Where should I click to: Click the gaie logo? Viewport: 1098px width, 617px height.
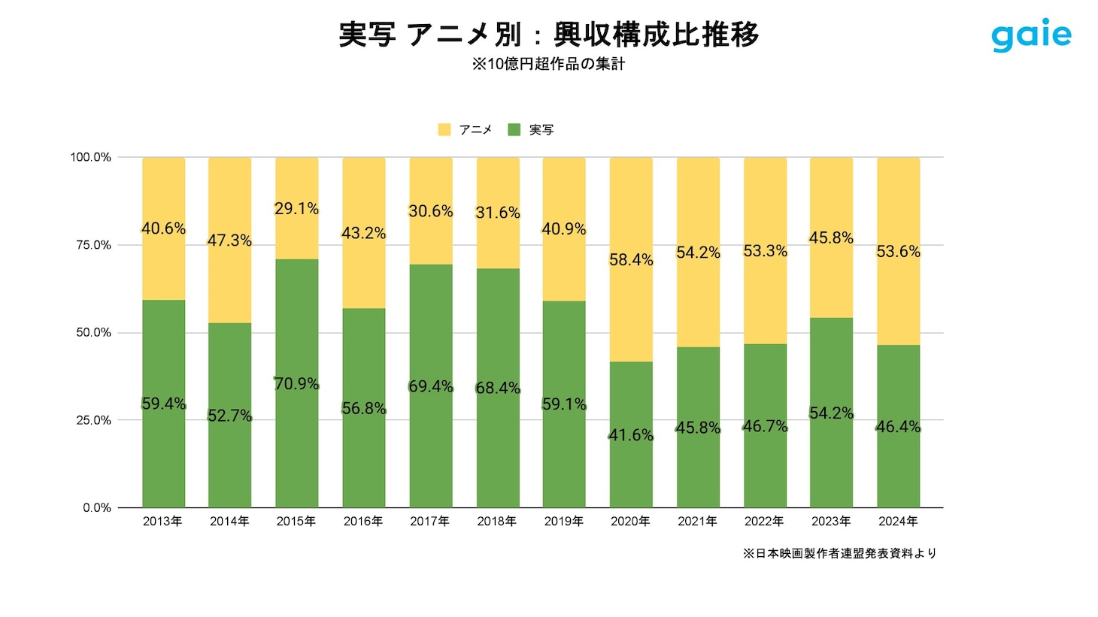tap(1031, 35)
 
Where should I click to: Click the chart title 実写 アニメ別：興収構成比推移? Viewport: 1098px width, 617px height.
tap(549, 35)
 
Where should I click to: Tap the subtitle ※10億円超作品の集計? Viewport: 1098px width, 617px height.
tap(549, 65)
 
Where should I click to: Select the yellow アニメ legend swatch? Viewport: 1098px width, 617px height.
tap(444, 130)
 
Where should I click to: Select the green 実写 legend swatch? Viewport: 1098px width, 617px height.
tap(514, 130)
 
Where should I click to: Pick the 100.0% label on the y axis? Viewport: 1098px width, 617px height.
tap(91, 157)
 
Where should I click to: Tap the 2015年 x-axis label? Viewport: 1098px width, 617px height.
tap(296, 522)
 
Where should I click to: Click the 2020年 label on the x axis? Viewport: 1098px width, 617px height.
tap(630, 522)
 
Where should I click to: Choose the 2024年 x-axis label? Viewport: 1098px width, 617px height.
tap(898, 522)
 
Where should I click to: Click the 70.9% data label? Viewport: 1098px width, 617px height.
tap(296, 384)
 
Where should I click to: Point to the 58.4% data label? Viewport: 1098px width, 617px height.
tap(631, 260)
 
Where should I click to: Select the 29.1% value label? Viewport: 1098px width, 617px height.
tap(296, 209)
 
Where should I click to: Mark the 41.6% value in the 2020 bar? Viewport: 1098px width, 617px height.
tap(631, 435)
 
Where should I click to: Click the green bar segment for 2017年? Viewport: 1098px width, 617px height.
tap(431, 451)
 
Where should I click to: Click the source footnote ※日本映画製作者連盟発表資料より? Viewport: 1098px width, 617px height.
tap(840, 554)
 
